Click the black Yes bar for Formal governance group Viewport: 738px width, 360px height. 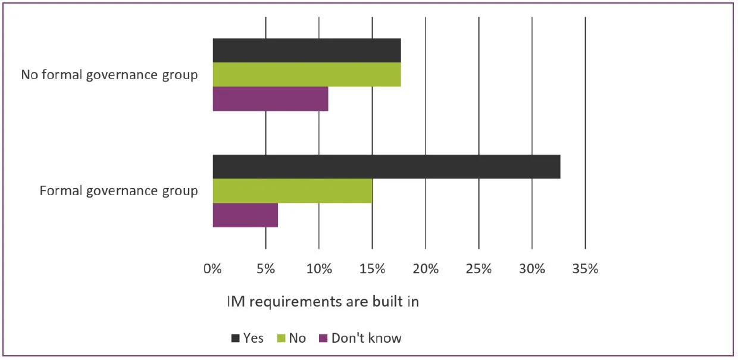pos(386,167)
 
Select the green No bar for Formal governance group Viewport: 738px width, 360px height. pos(292,191)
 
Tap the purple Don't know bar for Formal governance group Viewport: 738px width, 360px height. pos(245,215)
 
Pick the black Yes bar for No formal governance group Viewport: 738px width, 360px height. pos(307,51)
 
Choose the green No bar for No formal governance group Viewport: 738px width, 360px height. pos(307,74)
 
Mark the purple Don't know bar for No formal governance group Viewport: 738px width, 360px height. pos(270,99)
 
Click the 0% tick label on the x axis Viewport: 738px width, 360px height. pos(212,269)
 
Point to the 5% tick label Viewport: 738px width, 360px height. pos(265,269)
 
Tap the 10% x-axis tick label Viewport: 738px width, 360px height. pos(319,269)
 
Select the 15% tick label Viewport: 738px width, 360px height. pos(372,269)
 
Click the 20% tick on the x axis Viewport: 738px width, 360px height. pos(426,269)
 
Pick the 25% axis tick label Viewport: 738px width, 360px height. pos(479,269)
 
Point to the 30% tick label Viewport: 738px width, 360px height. pos(532,269)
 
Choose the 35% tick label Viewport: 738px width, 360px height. pos(585,269)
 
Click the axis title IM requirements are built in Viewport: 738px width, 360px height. pos(323,302)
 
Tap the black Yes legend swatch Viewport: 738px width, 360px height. pos(236,339)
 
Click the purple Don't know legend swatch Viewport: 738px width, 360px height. pos(324,339)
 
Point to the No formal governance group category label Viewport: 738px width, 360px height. pos(110,75)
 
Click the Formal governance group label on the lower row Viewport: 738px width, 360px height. pos(118,191)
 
